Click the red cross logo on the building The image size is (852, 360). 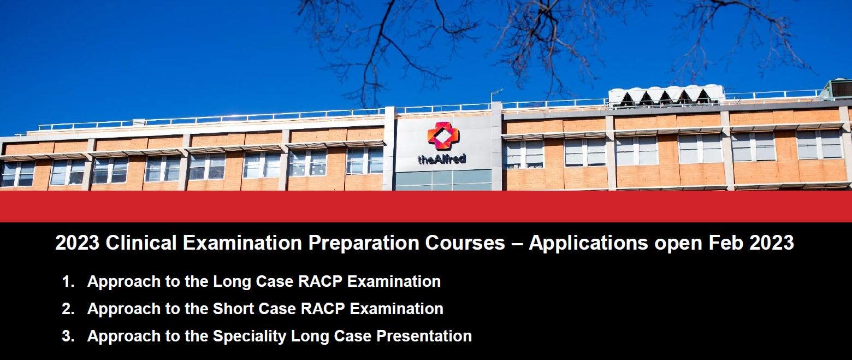pos(443,136)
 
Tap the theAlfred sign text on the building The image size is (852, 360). pos(442,158)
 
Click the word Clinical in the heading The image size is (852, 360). pos(141,243)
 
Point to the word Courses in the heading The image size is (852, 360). pos(465,243)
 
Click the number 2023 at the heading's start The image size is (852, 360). pos(77,243)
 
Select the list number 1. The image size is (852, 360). pos(68,281)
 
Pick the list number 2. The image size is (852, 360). pos(68,309)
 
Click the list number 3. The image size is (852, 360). pos(68,336)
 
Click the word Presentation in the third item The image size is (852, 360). pos(424,336)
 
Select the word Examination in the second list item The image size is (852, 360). pos(397,309)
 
